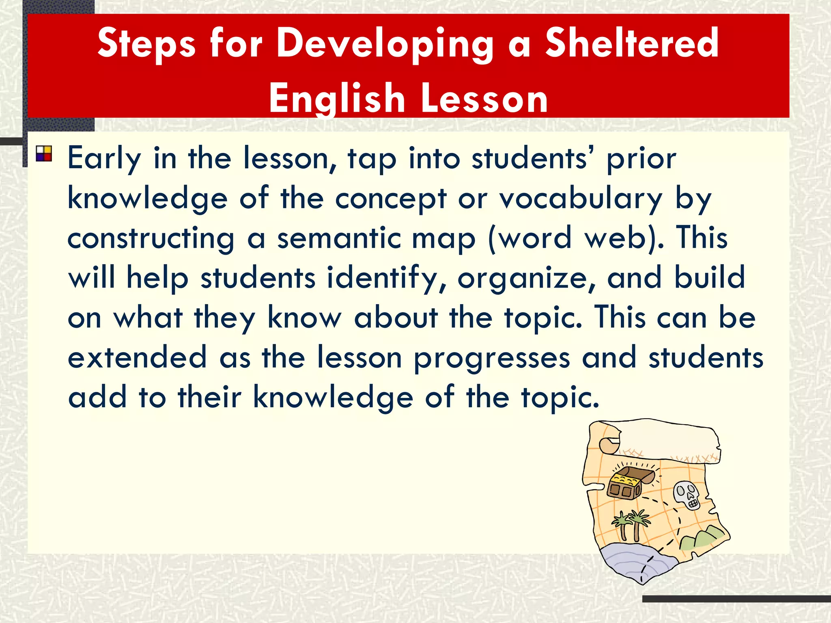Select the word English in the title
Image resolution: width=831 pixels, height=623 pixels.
coord(337,98)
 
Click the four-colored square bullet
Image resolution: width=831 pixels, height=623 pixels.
coord(44,154)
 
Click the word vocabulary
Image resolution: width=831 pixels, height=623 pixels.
coord(580,199)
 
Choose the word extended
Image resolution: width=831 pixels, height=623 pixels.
coord(137,357)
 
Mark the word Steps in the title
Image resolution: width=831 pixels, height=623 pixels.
coord(146,44)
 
